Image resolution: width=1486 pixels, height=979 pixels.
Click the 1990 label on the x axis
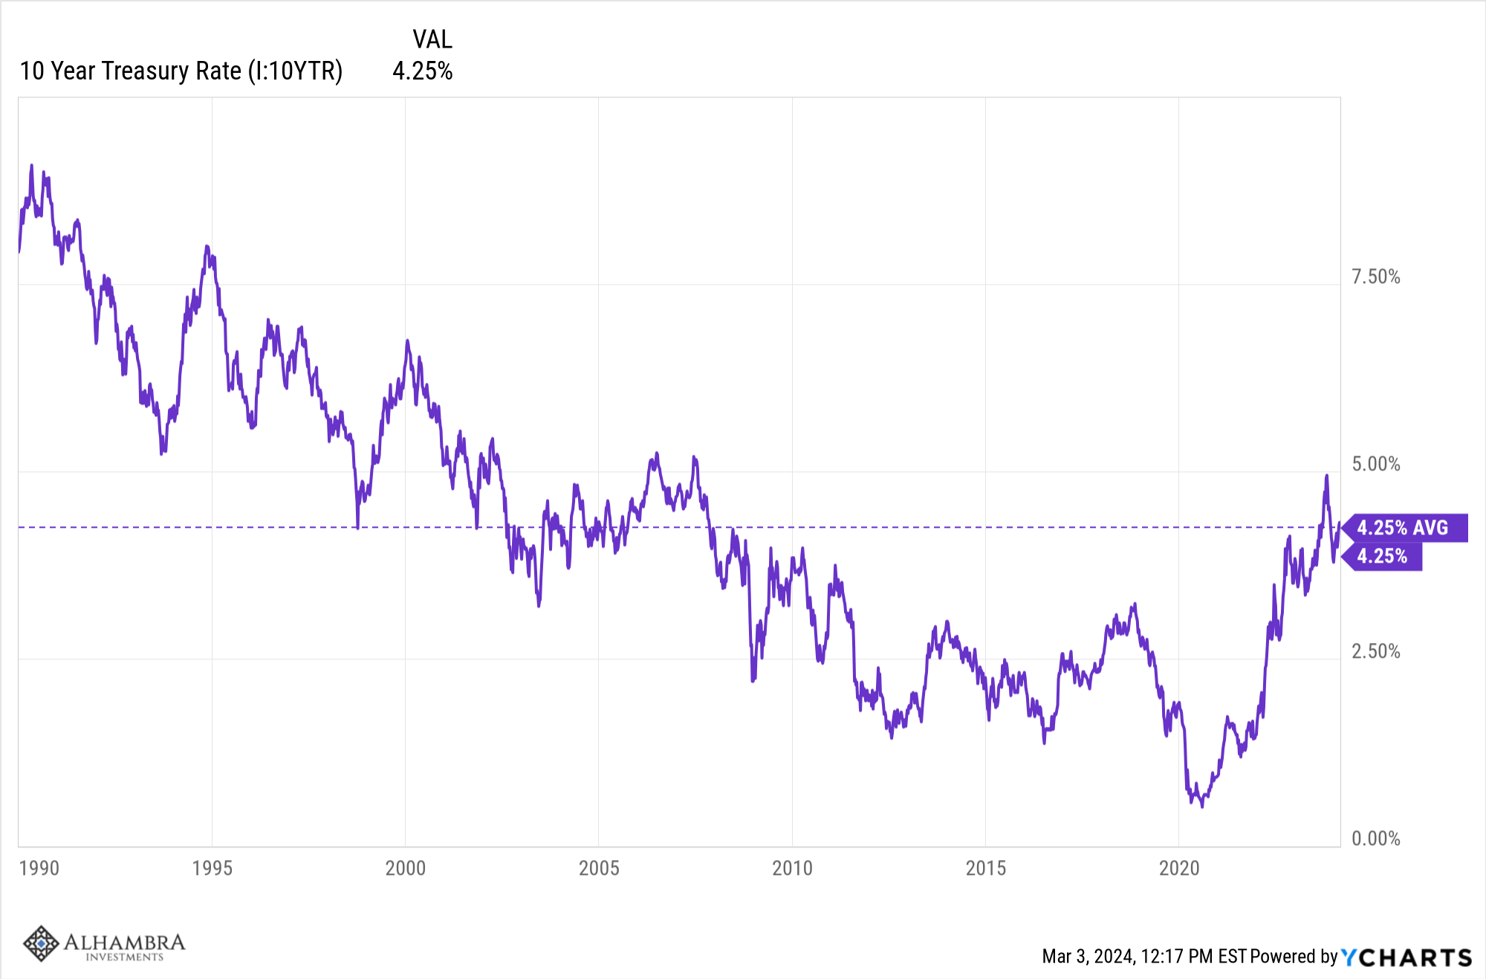tap(39, 868)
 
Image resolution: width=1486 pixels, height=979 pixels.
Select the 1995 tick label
tap(212, 868)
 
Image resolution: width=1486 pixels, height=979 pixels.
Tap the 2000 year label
tap(405, 868)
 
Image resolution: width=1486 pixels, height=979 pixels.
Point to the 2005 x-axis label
tap(599, 868)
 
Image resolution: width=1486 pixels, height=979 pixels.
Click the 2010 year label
tap(792, 868)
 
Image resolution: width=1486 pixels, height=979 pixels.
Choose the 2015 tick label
tap(985, 868)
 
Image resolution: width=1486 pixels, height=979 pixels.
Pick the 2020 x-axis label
tap(1179, 868)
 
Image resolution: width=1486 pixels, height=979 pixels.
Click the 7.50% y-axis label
tap(1375, 277)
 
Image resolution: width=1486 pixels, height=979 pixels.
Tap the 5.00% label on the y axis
tap(1375, 465)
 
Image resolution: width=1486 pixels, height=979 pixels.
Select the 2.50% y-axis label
tap(1375, 652)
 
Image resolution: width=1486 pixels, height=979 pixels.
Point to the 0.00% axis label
tap(1375, 839)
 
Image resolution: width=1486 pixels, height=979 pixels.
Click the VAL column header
tap(432, 39)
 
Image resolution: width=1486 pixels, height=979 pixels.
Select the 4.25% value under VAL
tap(422, 71)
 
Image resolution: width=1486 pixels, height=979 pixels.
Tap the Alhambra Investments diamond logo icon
tap(40, 943)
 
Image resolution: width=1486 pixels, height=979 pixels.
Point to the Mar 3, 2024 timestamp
tap(1144, 957)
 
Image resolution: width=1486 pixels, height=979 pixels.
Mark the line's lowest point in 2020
tap(1202, 807)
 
